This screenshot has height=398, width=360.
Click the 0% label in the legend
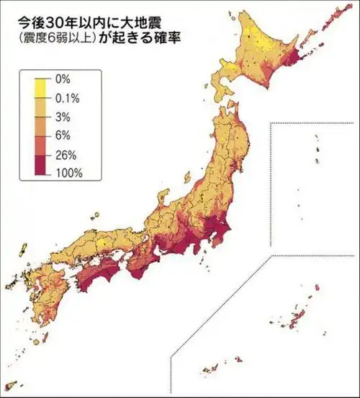coord(62,77)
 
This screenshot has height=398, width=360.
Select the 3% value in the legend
coord(62,116)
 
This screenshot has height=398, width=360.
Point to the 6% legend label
coord(62,135)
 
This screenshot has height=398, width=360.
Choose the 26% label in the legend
coord(65,154)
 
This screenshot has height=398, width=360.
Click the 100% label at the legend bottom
coord(68,173)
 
